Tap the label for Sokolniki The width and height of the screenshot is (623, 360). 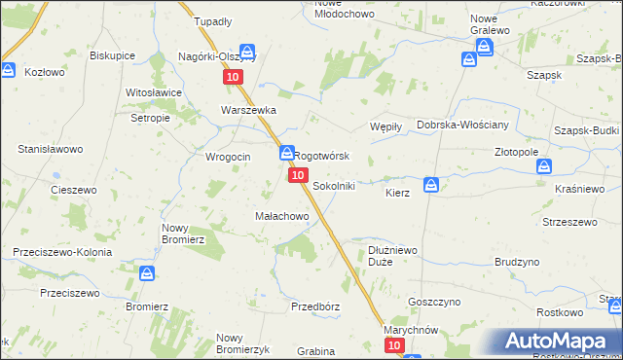point(333,185)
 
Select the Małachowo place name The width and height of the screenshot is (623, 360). point(281,215)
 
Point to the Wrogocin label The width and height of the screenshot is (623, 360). point(228,157)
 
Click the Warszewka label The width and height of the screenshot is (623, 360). point(249,110)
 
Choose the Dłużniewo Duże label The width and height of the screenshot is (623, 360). point(394,256)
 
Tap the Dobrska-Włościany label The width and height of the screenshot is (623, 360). point(461,126)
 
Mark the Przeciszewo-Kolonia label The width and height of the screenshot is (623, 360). point(62,252)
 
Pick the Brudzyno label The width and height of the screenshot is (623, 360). point(516,262)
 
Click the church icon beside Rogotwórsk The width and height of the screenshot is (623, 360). point(286,153)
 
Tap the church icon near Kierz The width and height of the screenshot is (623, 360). point(430,184)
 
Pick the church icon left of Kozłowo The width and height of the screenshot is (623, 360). point(8,70)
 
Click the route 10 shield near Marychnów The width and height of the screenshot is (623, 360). point(393,345)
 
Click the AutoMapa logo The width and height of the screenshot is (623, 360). point(560,341)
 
